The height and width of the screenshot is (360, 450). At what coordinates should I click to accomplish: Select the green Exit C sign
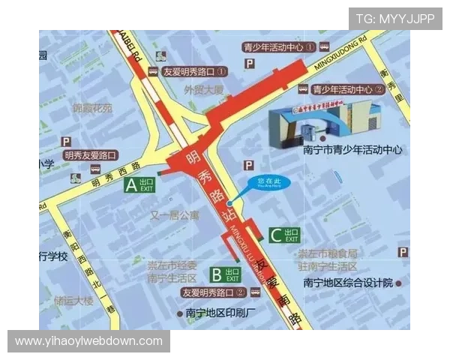click(284, 235)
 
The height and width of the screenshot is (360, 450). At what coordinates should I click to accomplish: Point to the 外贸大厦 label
click(204, 89)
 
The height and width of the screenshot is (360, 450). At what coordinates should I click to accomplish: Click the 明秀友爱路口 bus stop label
click(90, 155)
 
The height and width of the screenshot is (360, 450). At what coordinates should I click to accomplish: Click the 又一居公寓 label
click(175, 215)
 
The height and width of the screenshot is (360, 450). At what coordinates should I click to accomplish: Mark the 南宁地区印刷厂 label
click(221, 312)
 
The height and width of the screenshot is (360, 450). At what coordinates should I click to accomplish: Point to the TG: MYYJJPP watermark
click(395, 19)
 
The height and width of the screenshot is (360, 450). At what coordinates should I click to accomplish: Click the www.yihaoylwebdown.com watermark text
click(89, 341)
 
